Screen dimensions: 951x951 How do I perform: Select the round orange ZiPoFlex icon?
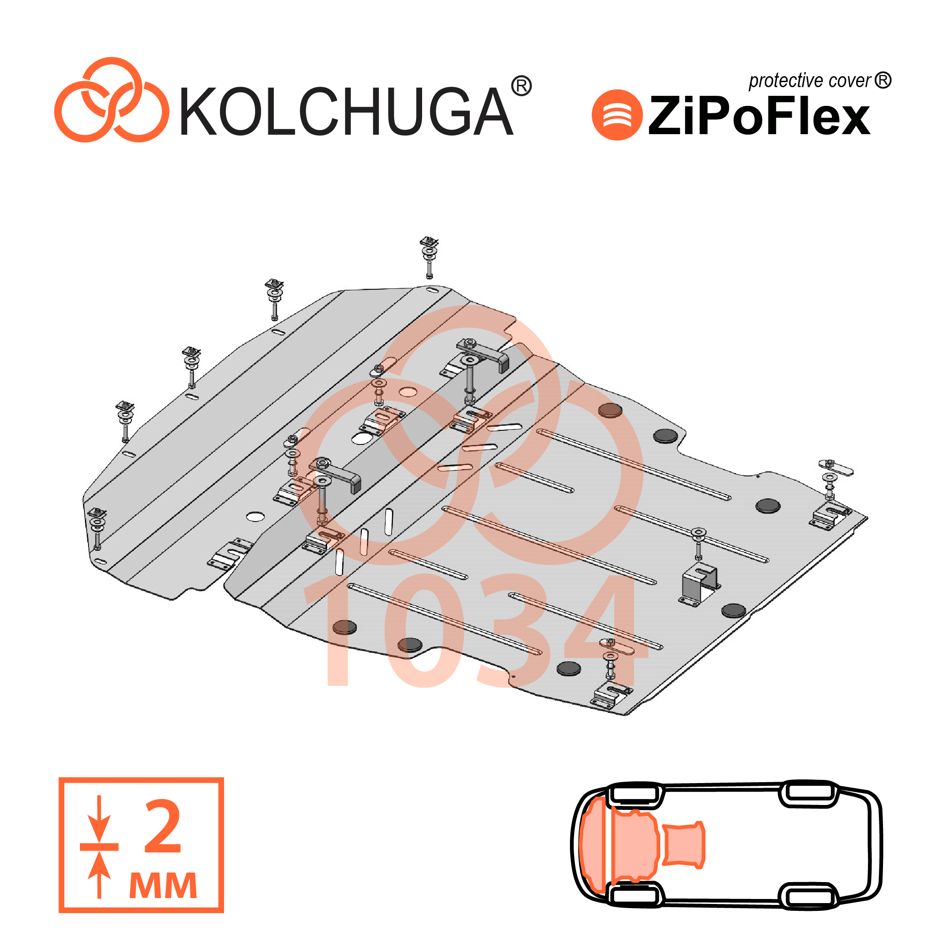click(x=617, y=115)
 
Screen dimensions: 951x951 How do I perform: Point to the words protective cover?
click(x=810, y=81)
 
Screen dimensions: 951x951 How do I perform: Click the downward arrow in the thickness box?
click(x=99, y=819)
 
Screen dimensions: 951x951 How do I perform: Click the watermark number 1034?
click(x=475, y=631)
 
